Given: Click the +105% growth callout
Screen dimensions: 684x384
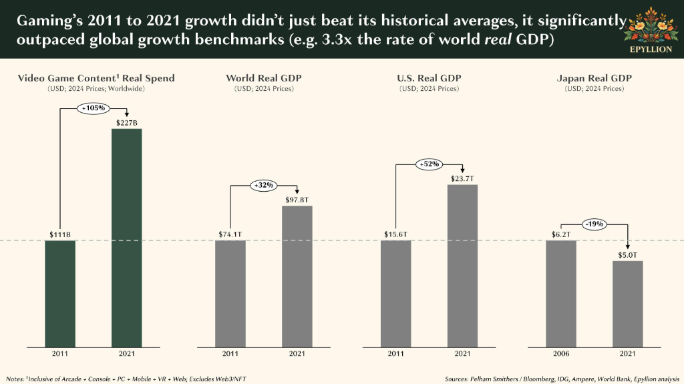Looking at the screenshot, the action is tap(94, 108).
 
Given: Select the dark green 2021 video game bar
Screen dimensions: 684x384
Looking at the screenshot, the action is tap(126, 238).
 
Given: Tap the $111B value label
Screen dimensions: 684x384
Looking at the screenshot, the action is tap(59, 235).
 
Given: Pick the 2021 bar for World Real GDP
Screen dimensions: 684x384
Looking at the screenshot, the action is tap(297, 276).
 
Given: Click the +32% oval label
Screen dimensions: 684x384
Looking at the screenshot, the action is tap(264, 186).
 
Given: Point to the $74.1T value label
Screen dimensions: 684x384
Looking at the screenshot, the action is tap(230, 235).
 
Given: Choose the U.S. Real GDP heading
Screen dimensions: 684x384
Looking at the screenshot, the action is tap(429, 78).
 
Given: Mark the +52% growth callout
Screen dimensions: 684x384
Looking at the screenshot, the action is tap(430, 164).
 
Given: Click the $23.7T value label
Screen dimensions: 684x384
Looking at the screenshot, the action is tap(462, 178).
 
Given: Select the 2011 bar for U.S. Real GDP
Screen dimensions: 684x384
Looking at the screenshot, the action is tap(395, 294).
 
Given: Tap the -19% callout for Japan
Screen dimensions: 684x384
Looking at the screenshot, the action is tap(594, 224).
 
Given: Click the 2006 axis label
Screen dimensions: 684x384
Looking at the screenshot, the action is tap(561, 354).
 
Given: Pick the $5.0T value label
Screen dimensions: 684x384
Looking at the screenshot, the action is tap(628, 255).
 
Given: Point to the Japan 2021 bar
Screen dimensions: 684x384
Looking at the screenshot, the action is tap(628, 304).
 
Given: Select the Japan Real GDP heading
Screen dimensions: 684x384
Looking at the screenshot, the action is tap(594, 78).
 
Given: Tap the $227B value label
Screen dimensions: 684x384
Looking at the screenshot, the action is tap(126, 123).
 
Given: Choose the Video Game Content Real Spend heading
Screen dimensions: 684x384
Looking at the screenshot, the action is tap(96, 78).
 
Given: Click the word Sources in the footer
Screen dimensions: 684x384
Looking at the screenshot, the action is tap(456, 379).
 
